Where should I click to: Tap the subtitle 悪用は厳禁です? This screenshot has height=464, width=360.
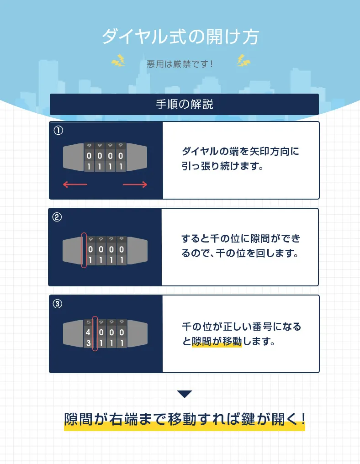[180, 63]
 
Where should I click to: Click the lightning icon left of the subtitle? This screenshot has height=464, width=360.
[118, 61]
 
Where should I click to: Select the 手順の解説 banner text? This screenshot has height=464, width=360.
[184, 105]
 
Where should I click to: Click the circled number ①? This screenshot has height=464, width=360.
[58, 130]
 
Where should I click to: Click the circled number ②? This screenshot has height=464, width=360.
[58, 217]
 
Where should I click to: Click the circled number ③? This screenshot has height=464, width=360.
[58, 304]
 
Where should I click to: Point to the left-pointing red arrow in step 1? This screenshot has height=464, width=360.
[74, 185]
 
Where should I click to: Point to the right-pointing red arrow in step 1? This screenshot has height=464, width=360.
[135, 185]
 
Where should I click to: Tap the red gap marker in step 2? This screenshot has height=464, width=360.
[84, 250]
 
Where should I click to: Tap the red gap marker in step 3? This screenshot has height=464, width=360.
[95, 334]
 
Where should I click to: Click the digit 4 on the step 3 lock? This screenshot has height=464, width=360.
[88, 332]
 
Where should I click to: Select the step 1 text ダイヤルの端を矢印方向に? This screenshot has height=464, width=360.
[240, 151]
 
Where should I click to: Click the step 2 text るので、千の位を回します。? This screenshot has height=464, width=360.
[240, 253]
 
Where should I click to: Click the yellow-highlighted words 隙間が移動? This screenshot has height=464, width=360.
[217, 341]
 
